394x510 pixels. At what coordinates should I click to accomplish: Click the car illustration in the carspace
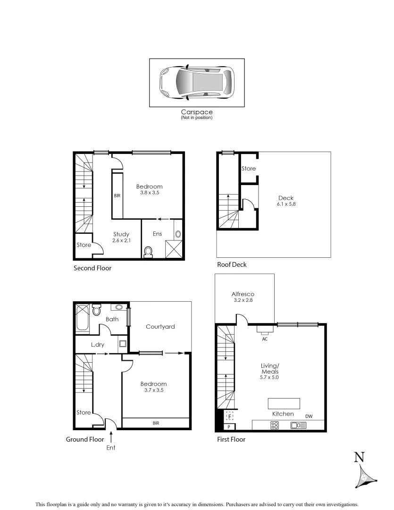(x=197, y=82)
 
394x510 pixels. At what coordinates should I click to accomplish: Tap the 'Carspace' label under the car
(x=197, y=112)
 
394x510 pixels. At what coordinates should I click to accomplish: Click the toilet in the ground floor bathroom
(x=97, y=310)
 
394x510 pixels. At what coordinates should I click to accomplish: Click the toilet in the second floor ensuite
(x=149, y=252)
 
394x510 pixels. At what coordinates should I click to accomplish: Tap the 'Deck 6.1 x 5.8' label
(x=286, y=201)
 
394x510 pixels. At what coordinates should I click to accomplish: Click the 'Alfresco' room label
(x=243, y=294)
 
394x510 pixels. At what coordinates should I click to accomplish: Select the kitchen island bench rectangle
(x=284, y=403)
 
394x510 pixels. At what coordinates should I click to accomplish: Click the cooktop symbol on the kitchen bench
(x=275, y=425)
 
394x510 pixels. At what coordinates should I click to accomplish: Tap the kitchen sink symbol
(x=299, y=425)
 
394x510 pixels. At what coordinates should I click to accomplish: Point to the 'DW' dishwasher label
(x=309, y=416)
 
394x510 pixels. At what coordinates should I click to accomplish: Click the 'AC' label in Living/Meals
(x=264, y=339)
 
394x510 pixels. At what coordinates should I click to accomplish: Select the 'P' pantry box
(x=229, y=427)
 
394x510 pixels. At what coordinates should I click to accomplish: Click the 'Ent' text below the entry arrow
(x=111, y=447)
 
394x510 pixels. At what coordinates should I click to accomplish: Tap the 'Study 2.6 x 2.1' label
(x=121, y=237)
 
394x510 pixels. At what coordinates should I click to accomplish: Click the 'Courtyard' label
(x=160, y=326)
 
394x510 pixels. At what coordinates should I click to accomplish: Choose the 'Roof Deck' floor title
(x=232, y=264)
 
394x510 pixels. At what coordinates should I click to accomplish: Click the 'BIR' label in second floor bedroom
(x=117, y=195)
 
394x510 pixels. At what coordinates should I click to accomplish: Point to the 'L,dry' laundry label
(x=98, y=345)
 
